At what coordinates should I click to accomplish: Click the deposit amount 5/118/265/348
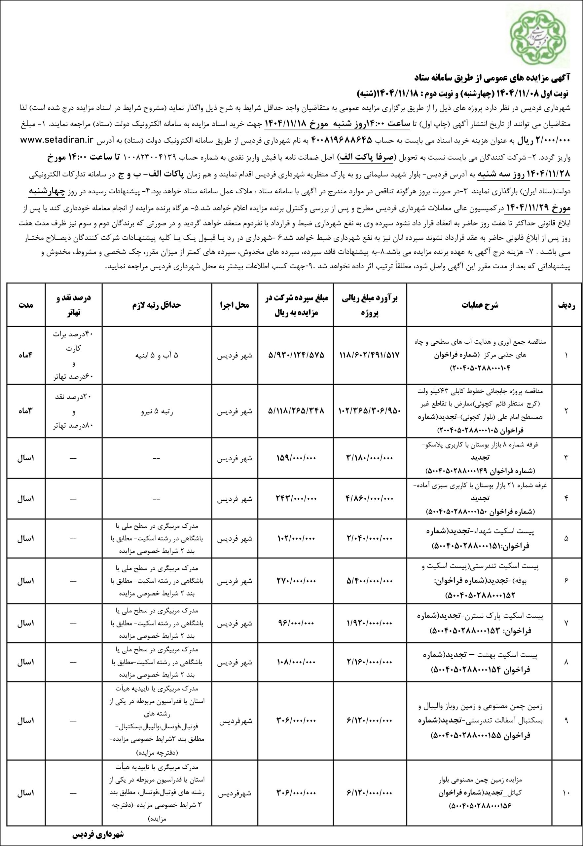tap(296, 411)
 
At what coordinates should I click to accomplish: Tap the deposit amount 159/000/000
tap(296, 458)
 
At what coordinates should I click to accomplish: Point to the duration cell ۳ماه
tap(25, 411)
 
